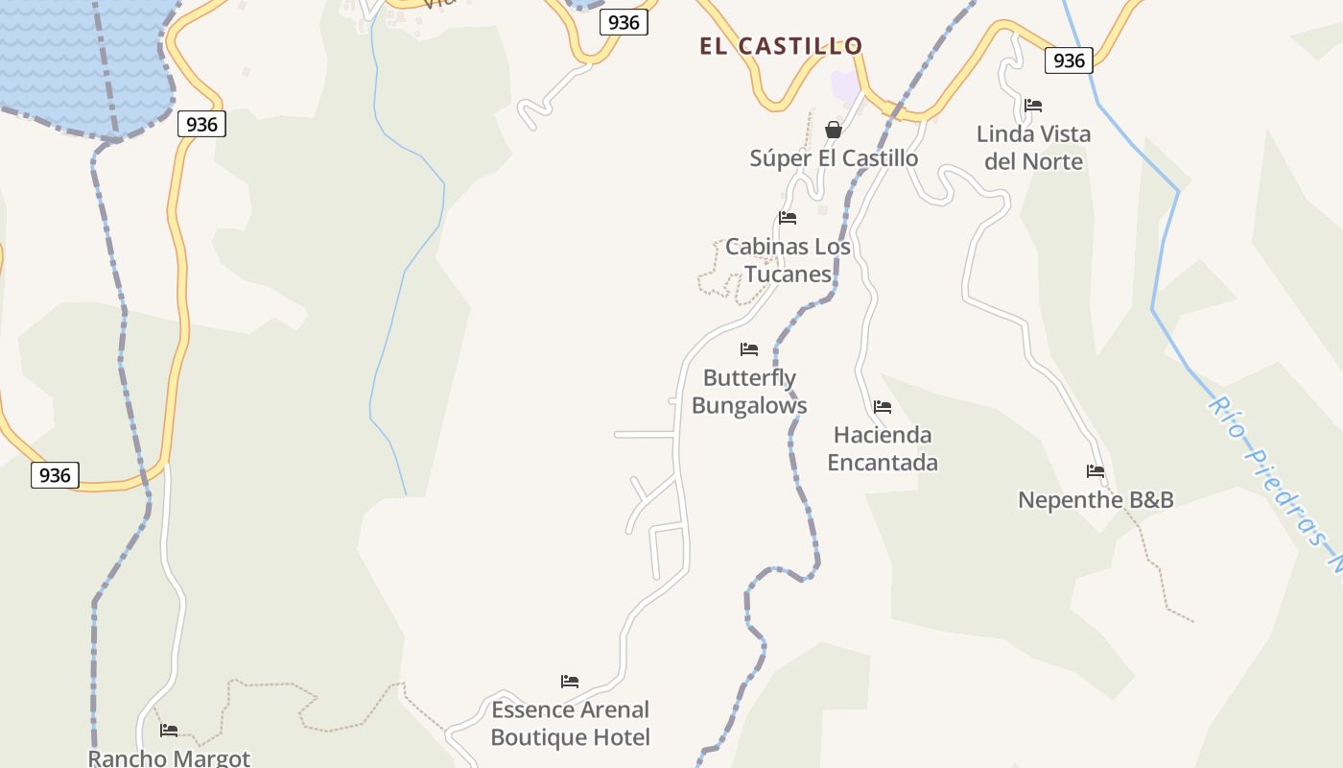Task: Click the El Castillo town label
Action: click(x=781, y=46)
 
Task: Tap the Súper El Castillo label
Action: click(x=834, y=158)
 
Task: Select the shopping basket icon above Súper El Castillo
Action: click(x=834, y=130)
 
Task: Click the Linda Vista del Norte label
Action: click(x=1033, y=148)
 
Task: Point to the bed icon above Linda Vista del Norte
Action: click(x=1033, y=106)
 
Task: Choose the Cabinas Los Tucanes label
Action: click(x=788, y=260)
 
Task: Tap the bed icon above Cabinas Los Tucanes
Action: click(x=788, y=218)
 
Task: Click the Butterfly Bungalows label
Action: click(x=749, y=392)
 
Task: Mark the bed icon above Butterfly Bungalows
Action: click(x=749, y=349)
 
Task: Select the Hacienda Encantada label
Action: click(x=883, y=448)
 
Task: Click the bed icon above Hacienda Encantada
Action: click(x=883, y=407)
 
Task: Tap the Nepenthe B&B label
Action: click(x=1096, y=500)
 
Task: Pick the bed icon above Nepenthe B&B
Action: click(x=1096, y=471)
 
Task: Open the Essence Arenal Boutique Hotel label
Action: click(x=571, y=724)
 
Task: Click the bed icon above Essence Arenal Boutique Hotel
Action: click(x=570, y=682)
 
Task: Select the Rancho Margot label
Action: click(x=169, y=757)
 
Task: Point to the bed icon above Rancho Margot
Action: click(x=169, y=731)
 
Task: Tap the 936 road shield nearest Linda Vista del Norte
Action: click(x=1069, y=60)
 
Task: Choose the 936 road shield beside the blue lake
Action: click(x=201, y=124)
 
